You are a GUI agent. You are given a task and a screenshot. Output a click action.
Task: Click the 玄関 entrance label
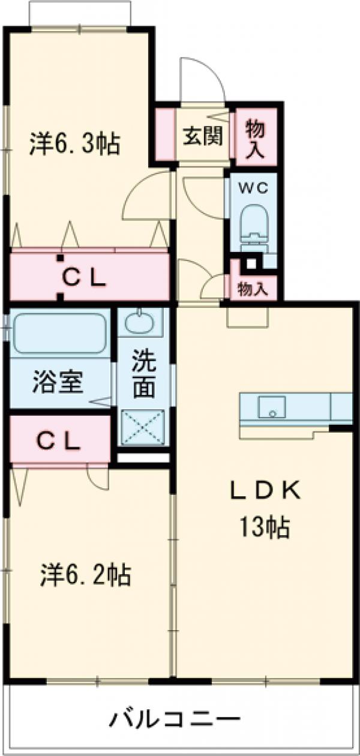[x=203, y=136]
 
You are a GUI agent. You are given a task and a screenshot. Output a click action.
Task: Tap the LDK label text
[x=265, y=490]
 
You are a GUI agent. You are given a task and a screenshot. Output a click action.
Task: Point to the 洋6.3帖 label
[x=75, y=144]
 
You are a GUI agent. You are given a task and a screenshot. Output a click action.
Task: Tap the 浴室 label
[x=58, y=382]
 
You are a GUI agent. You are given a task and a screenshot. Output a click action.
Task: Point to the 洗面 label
[x=144, y=374]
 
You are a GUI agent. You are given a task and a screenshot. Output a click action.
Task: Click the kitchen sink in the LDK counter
[x=272, y=407]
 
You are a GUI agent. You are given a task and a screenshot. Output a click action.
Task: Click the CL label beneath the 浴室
[x=59, y=442]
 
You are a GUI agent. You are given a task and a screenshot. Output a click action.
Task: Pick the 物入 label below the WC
[x=253, y=289]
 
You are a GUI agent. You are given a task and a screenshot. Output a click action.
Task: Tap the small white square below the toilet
[x=251, y=263]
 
